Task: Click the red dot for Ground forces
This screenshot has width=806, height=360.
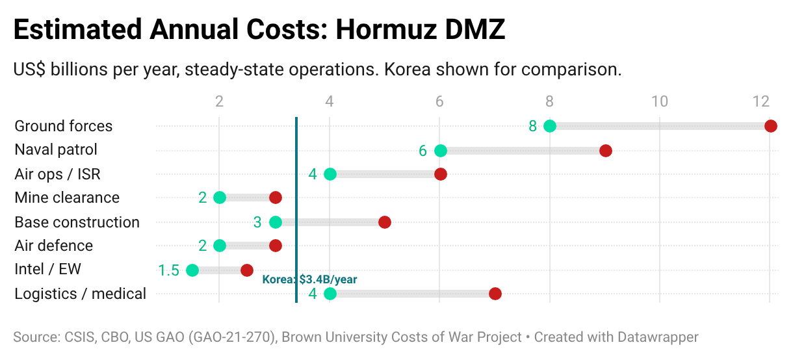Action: click(x=770, y=126)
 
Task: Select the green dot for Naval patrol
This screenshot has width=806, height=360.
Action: click(x=441, y=151)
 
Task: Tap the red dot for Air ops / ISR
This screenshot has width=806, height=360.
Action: click(x=441, y=174)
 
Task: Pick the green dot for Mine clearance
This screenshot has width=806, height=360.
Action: click(x=220, y=198)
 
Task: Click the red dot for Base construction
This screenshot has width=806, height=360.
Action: click(x=385, y=222)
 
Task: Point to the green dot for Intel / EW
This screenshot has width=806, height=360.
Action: click(x=192, y=270)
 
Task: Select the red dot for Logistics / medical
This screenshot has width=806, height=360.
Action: click(x=495, y=294)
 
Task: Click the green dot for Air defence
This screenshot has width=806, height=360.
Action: click(x=220, y=246)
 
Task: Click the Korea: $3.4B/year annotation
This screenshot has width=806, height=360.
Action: click(x=309, y=279)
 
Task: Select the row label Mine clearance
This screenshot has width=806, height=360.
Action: click(x=67, y=198)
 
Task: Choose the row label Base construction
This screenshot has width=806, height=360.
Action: click(x=77, y=222)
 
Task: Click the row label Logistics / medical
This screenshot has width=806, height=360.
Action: click(x=80, y=294)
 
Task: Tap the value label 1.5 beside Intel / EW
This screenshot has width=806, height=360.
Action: click(x=168, y=270)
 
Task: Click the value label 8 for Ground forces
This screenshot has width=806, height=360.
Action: click(x=532, y=126)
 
